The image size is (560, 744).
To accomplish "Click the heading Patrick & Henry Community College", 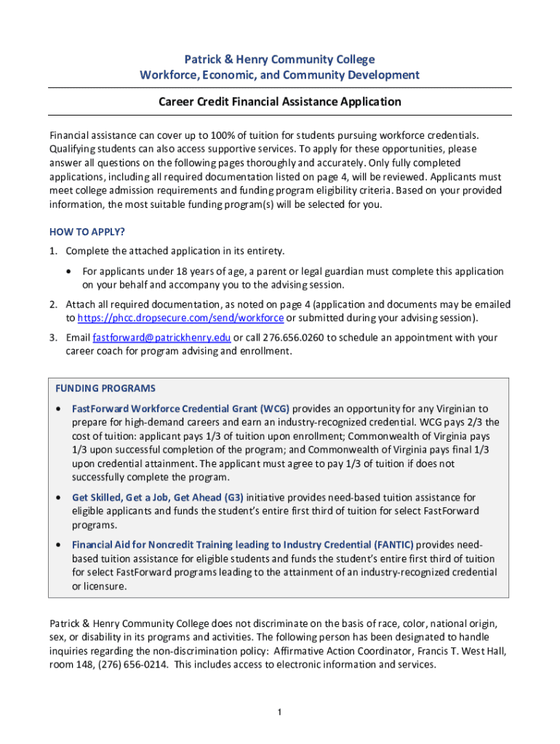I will pyautogui.click(x=279, y=60).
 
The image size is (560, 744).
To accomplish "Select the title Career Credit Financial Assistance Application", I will pyautogui.click(x=279, y=102).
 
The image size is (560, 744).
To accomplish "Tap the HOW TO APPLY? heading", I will pyautogui.click(x=87, y=232).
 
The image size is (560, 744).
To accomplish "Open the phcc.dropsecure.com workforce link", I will pyautogui.click(x=180, y=318).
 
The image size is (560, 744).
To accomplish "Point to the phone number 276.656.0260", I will pyautogui.click(x=286, y=338).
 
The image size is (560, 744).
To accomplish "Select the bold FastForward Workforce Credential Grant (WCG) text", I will pyautogui.click(x=180, y=408).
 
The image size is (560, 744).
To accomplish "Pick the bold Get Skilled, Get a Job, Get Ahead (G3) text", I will pyautogui.click(x=158, y=498).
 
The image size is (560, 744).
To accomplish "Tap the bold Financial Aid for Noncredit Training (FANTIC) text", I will pyautogui.click(x=242, y=545).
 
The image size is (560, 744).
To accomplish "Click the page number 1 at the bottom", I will pyautogui.click(x=279, y=712).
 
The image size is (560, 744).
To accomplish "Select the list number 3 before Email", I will pyautogui.click(x=53, y=338).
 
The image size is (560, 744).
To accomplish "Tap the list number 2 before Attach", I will pyautogui.click(x=53, y=304).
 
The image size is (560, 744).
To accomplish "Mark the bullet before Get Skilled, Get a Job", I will pyautogui.click(x=58, y=498).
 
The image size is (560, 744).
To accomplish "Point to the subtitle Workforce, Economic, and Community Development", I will pyautogui.click(x=279, y=76).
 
